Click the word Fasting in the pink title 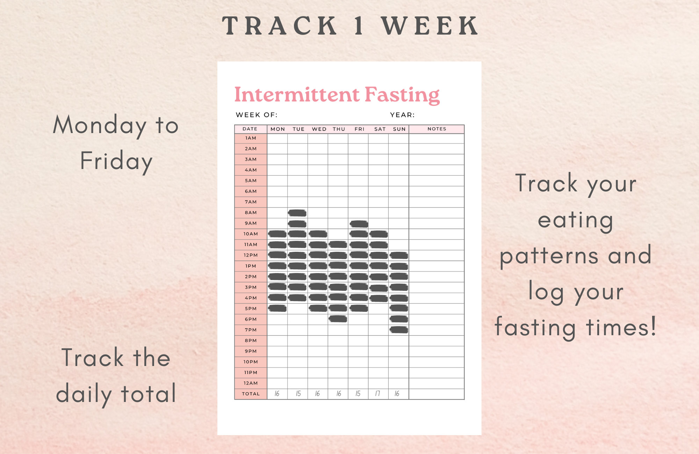[x=402, y=95]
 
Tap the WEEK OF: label [x=257, y=115]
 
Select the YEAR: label [x=402, y=115]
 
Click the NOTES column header [x=437, y=129]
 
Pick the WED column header [x=319, y=129]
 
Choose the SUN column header [x=399, y=129]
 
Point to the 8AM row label [x=251, y=213]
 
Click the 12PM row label [x=251, y=255]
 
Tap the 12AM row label [x=251, y=383]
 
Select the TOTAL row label [x=251, y=394]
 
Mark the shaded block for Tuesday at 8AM [x=297, y=213]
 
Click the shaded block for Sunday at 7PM [x=399, y=330]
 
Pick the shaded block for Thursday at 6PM [x=338, y=319]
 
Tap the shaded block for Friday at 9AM [x=359, y=224]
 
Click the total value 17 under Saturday [x=377, y=394]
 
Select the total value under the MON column [x=277, y=394]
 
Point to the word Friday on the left [x=116, y=161]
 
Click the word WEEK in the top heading [x=430, y=26]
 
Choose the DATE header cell [x=250, y=129]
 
